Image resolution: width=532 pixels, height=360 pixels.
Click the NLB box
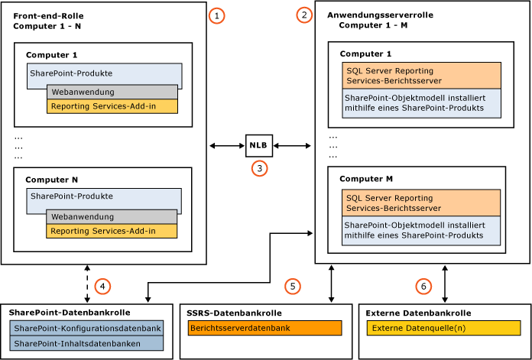point(258,144)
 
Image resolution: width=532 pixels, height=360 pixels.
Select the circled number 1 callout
point(219,15)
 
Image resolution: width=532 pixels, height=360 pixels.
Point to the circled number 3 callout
point(259,169)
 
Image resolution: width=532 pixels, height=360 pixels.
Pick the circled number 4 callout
point(103,287)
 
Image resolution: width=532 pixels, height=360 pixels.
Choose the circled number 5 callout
point(292,286)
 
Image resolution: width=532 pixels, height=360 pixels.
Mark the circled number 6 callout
point(423,286)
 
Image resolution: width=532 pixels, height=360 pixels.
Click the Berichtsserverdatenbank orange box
point(264,328)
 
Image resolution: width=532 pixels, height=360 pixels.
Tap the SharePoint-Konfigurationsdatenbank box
point(87,328)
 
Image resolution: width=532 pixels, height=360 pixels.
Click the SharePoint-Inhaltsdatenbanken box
point(87,343)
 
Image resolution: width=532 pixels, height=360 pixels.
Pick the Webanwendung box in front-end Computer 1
point(112,92)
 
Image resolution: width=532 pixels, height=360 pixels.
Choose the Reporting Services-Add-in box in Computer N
point(112,230)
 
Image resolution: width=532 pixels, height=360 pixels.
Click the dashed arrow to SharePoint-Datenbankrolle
point(88,284)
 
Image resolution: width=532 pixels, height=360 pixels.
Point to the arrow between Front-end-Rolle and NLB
point(227,144)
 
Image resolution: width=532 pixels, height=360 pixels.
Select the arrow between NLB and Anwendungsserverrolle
point(290,144)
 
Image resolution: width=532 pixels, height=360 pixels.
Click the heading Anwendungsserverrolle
point(375,15)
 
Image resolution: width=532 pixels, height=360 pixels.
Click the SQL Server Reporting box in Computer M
point(421,203)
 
